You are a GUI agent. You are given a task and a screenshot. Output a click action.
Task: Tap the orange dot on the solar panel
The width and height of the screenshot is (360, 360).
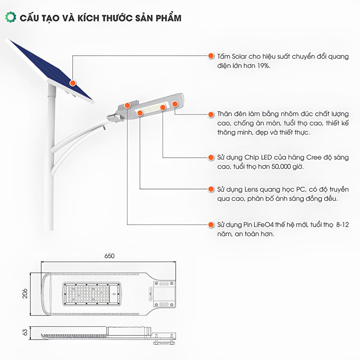click(72, 83)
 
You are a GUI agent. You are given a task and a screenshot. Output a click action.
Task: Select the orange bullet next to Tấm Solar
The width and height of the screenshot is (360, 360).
click(211, 56)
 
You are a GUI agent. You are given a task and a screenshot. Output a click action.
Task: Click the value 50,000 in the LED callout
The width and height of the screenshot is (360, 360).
click(278, 167)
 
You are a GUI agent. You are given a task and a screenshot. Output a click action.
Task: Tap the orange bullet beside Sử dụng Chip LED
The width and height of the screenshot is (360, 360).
click(211, 158)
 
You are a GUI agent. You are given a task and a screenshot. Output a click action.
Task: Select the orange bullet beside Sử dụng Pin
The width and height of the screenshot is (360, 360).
click(211, 224)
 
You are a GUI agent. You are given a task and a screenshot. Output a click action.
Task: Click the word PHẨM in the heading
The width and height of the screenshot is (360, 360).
click(167, 18)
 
